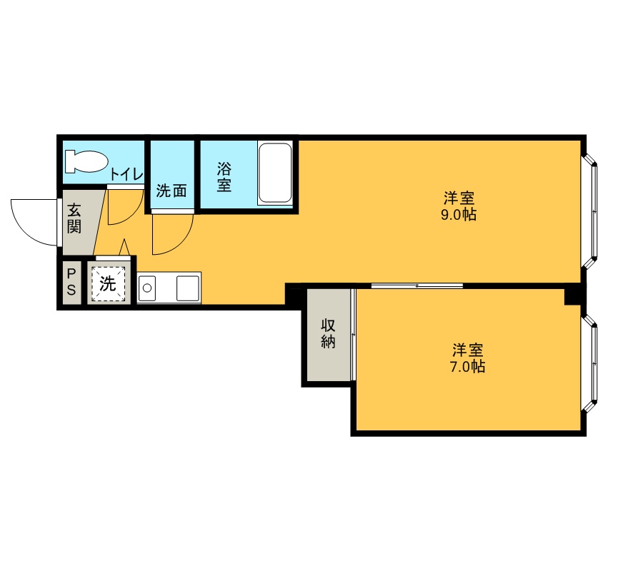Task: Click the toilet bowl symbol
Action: [x=86, y=161]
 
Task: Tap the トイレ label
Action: [x=126, y=174]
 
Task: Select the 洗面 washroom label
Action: [x=171, y=191]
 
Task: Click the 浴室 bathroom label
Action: [x=224, y=177]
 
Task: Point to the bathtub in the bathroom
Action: [x=275, y=173]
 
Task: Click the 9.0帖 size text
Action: [x=459, y=215]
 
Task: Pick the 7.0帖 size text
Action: [x=467, y=366]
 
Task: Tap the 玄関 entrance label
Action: [x=74, y=218]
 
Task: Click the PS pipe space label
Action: [x=71, y=282]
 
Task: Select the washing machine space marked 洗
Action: [x=109, y=283]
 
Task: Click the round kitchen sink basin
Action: [x=146, y=288]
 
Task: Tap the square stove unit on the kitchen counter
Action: [x=187, y=288]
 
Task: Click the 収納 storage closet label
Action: [x=328, y=333]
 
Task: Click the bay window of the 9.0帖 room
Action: [x=589, y=211]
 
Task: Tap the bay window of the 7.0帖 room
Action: [x=589, y=363]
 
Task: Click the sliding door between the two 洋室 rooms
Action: [x=417, y=285]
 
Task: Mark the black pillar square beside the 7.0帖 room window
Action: [x=573, y=295]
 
